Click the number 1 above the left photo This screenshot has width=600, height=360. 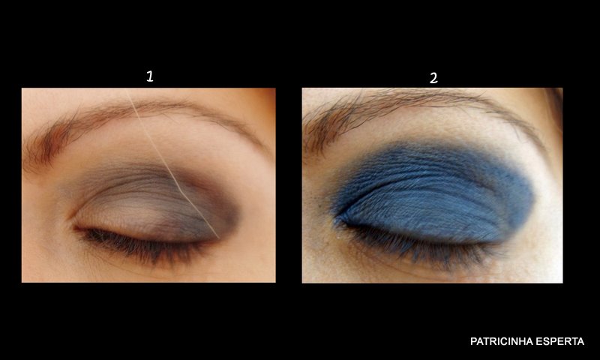point(150,76)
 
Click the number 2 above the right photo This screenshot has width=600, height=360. point(433,78)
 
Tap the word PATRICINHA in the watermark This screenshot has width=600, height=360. point(500,341)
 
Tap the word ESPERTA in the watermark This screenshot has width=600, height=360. point(559,341)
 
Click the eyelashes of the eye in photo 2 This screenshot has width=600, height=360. point(417,244)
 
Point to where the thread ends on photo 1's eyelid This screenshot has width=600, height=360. point(219,238)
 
